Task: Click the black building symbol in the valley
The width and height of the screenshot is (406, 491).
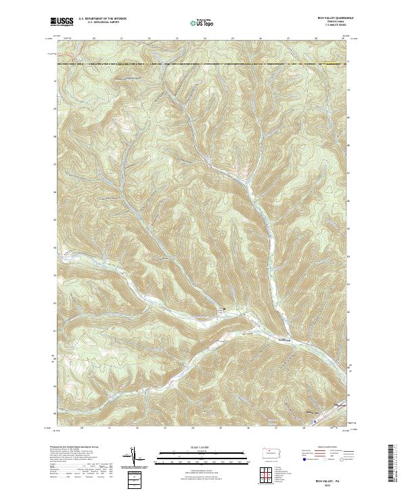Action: click(x=223, y=310)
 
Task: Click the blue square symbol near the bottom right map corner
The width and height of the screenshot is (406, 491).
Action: click(x=315, y=420)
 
